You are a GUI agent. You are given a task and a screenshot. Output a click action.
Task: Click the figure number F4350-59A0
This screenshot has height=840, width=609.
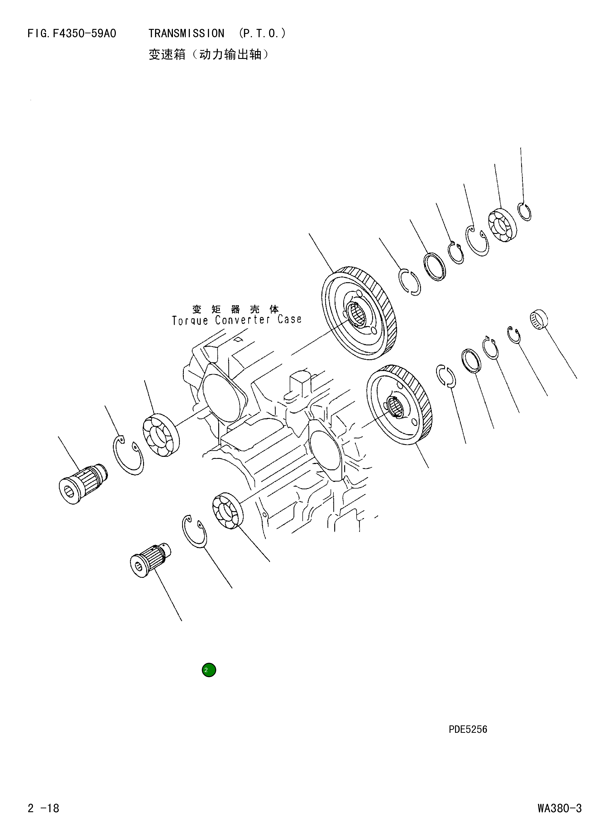[84, 34]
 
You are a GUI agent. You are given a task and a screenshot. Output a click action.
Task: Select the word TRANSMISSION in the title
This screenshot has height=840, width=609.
[186, 34]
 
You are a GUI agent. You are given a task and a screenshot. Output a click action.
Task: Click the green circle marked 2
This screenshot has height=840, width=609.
[209, 670]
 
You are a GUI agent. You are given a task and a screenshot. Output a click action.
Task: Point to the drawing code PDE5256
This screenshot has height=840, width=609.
[468, 729]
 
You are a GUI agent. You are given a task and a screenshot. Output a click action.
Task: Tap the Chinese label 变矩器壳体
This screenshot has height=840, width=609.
[236, 309]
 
